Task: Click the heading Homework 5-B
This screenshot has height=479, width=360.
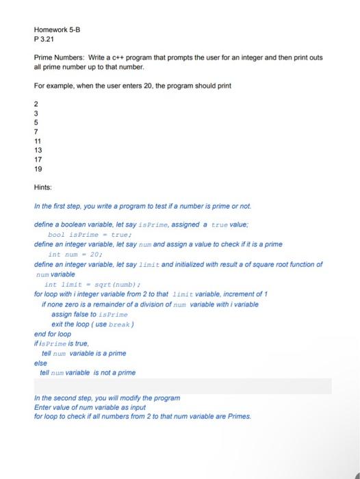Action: pyautogui.click(x=57, y=30)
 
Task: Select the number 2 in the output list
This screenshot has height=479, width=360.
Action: pyautogui.click(x=36, y=104)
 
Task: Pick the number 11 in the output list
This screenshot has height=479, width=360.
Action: pyautogui.click(x=38, y=138)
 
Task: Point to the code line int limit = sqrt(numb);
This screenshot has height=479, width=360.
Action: pyautogui.click(x=92, y=284)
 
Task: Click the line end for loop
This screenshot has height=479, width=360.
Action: pyautogui.click(x=53, y=334)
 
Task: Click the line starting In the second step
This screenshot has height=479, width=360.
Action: pyautogui.click(x=107, y=398)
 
